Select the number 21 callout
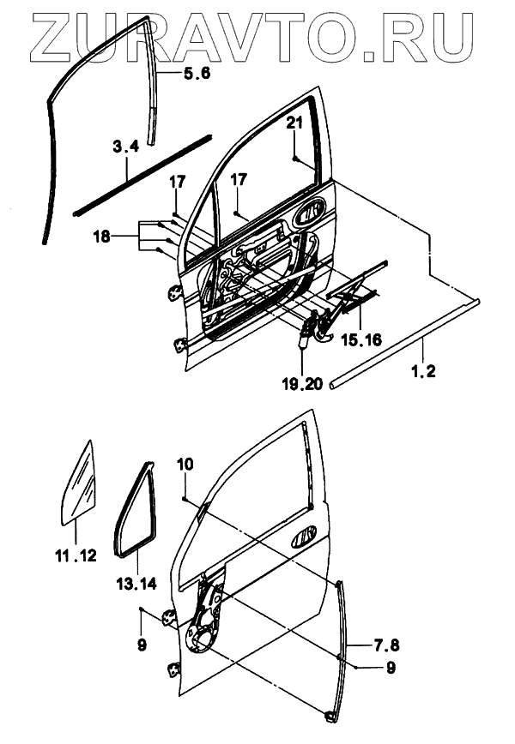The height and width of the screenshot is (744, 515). (294, 123)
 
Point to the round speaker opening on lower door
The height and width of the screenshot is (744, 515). (203, 639)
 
